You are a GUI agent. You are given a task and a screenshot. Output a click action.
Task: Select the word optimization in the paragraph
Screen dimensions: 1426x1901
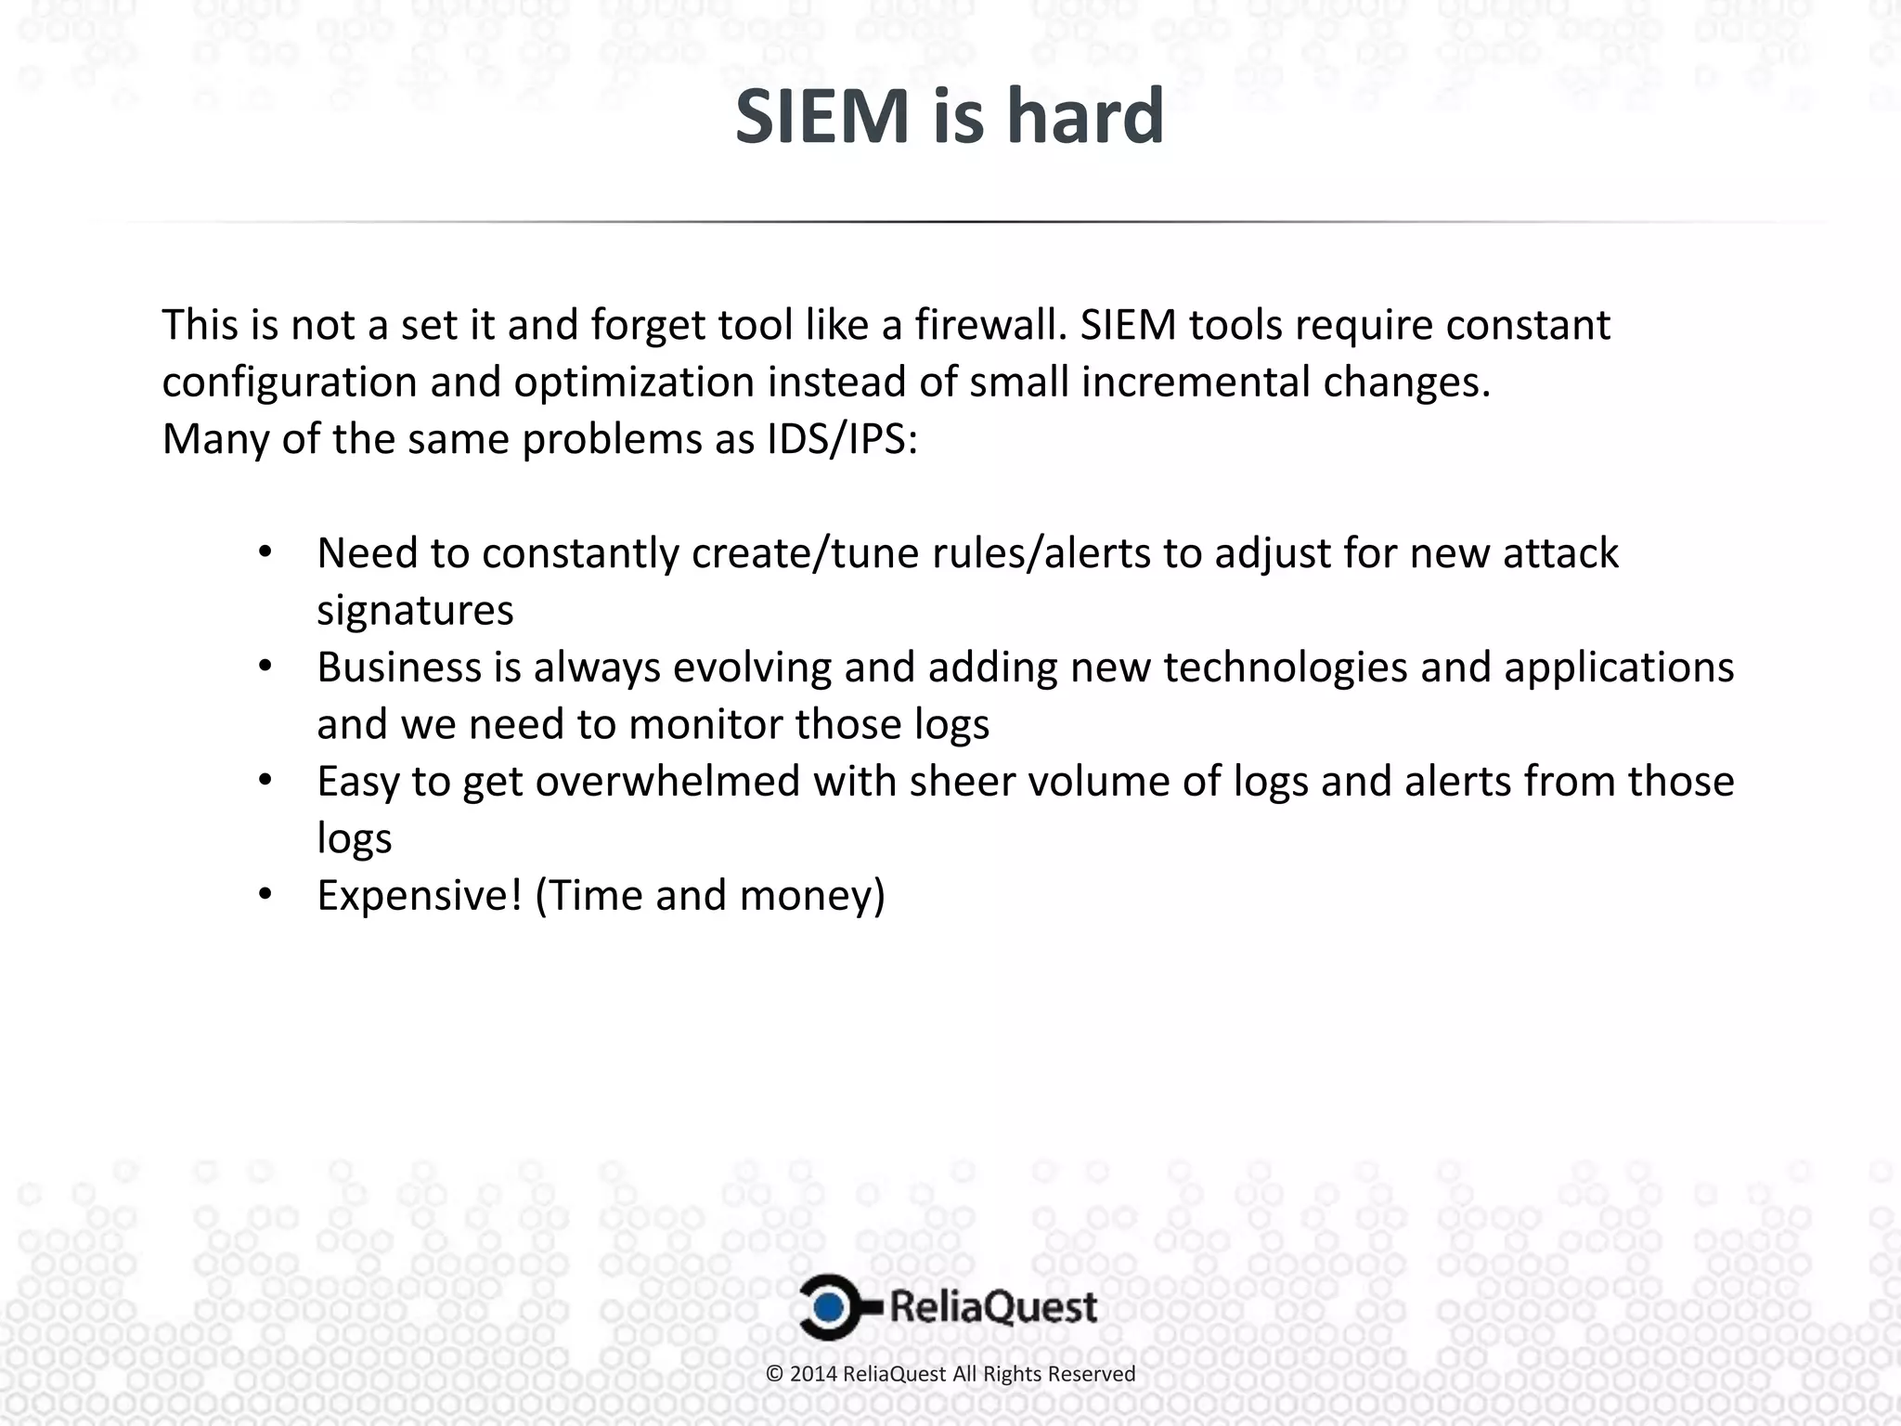tap(634, 382)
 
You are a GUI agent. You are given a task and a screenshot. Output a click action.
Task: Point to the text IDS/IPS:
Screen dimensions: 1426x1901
tap(842, 438)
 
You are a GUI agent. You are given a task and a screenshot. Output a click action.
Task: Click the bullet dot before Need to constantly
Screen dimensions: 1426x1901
tap(265, 553)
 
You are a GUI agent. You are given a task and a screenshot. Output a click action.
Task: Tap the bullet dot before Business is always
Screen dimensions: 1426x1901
tap(265, 668)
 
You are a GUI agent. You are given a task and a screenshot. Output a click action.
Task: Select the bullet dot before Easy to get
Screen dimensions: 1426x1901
tap(265, 782)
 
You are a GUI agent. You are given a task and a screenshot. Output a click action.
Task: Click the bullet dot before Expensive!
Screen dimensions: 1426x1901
tap(265, 896)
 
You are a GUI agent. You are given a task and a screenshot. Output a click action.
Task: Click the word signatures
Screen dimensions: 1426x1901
tap(415, 611)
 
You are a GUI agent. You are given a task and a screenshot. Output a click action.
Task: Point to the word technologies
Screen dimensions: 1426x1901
tap(1285, 668)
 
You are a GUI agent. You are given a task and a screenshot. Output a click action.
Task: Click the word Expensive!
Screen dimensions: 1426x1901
tap(420, 896)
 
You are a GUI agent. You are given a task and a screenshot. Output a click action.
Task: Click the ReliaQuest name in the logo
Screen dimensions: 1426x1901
tap(993, 1308)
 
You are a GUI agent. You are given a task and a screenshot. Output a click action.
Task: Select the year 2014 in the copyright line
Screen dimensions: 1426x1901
tap(814, 1374)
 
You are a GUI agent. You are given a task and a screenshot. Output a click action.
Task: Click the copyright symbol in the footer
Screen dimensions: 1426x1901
tap(774, 1374)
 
